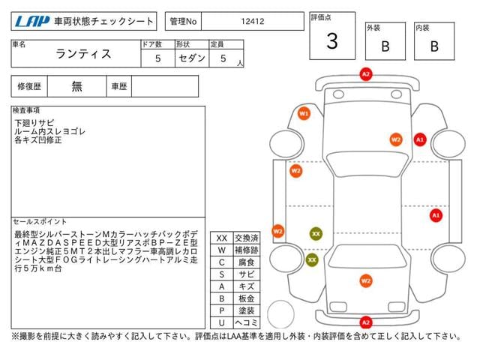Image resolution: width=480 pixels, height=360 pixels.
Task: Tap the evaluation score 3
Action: point(331,42)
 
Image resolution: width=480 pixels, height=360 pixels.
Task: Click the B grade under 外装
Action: point(385,46)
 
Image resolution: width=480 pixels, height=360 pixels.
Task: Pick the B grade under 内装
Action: point(433,46)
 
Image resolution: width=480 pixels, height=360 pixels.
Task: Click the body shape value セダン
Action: point(190,58)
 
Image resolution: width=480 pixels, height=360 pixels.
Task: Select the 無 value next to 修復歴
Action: point(77,86)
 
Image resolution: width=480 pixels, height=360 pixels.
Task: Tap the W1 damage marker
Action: point(304,113)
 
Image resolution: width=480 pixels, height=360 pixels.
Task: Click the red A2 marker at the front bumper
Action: point(366,74)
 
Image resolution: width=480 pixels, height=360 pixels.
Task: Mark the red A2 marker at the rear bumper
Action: point(366,322)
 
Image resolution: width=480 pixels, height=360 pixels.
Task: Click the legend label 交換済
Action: point(246,238)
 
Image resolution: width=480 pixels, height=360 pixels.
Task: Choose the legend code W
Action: point(221,250)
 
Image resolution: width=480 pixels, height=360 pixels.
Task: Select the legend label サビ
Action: point(246,274)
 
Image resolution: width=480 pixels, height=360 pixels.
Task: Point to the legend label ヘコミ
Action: point(246,322)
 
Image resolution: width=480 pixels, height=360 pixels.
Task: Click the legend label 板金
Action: point(246,298)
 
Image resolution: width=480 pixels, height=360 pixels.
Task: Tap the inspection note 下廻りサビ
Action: point(34,122)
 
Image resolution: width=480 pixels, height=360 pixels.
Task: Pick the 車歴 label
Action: point(119,86)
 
